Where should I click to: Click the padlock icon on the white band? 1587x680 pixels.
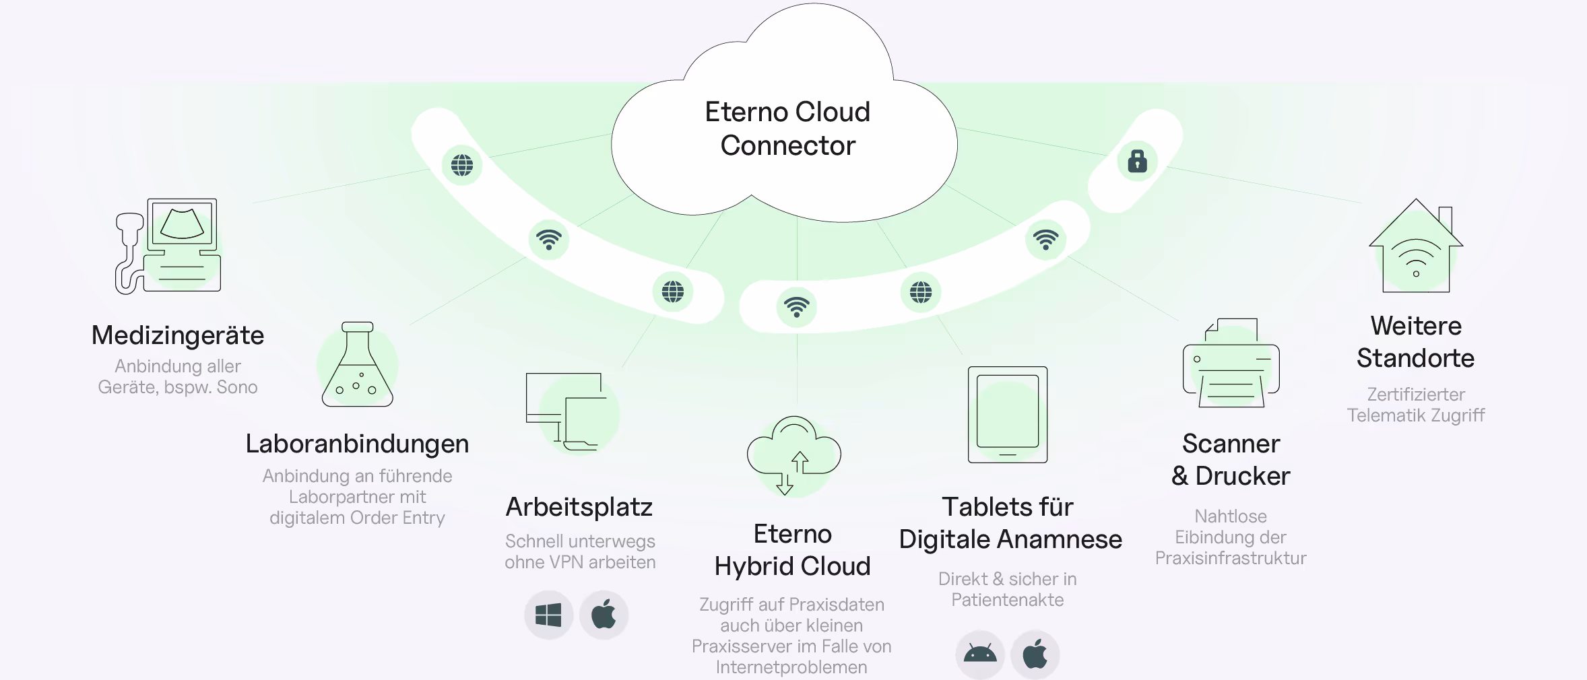[1137, 162]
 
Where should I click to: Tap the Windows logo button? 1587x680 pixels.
[548, 615]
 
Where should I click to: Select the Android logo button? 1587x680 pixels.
[979, 654]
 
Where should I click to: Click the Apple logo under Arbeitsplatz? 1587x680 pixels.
[604, 615]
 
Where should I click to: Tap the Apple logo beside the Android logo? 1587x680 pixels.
[1035, 654]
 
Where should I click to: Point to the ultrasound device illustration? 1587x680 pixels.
[168, 246]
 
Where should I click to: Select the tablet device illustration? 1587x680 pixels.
[1007, 414]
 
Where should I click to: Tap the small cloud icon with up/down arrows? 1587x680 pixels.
[793, 455]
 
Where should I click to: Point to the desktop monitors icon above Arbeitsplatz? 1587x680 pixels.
[565, 412]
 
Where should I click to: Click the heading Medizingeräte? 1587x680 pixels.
[178, 335]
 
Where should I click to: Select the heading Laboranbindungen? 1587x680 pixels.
[357, 444]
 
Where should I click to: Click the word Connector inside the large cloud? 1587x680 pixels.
[787, 145]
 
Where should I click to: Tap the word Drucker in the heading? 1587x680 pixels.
[1242, 476]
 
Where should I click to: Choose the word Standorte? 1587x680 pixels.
[1415, 358]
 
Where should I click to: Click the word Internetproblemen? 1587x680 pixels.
[791, 667]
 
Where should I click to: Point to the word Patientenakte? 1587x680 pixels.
[1007, 600]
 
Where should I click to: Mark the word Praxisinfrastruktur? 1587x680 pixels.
[1230, 558]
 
